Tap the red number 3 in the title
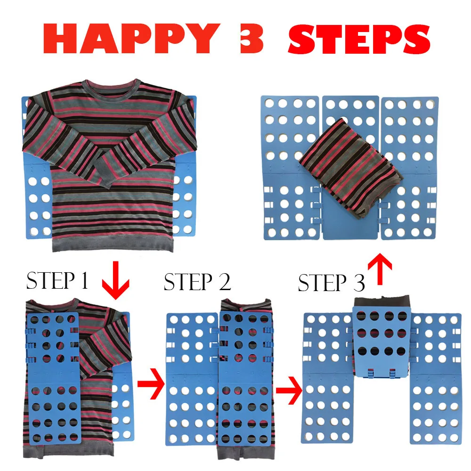[x=252, y=39]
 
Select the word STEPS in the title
[x=359, y=39]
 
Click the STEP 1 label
[x=57, y=280]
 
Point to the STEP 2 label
[x=197, y=282]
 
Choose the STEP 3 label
[x=331, y=283]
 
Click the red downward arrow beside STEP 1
[x=115, y=280]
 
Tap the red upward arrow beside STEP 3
[x=380, y=269]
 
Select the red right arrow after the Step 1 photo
[x=151, y=383]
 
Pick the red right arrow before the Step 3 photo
[x=289, y=390]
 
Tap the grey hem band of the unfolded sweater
[x=113, y=244]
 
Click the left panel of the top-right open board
[x=291, y=168]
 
